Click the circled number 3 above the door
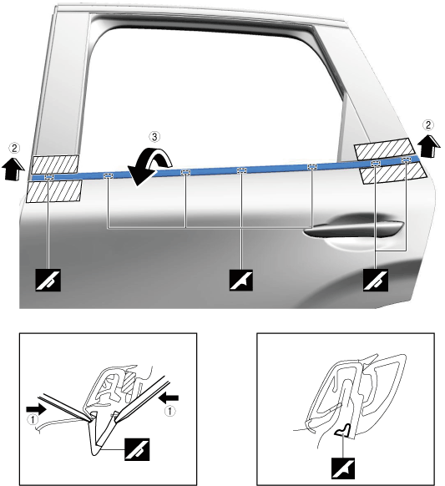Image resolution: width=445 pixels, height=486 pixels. tap(154, 136)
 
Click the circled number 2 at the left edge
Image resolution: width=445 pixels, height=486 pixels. tap(14, 148)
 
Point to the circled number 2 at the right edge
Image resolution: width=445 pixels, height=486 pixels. tap(428, 125)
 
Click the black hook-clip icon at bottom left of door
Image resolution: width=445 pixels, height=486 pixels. tap(48, 281)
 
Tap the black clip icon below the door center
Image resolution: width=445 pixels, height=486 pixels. tap(241, 281)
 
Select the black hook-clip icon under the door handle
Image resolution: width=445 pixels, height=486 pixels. tap(375, 281)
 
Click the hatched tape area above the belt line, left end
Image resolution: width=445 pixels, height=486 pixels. tap(55, 165)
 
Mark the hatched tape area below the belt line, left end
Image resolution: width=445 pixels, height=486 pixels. tap(54, 191)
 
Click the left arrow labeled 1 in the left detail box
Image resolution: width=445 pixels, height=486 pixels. tap(36, 409)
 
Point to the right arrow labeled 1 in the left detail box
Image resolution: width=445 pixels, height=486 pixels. tap(169, 397)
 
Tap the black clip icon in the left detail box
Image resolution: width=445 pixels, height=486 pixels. tap(137, 449)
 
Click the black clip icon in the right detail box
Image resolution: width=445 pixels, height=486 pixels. tap(343, 468)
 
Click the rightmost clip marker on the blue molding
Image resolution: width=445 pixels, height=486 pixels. tap(406, 159)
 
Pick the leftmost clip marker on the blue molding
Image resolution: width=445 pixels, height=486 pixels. tap(49, 177)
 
